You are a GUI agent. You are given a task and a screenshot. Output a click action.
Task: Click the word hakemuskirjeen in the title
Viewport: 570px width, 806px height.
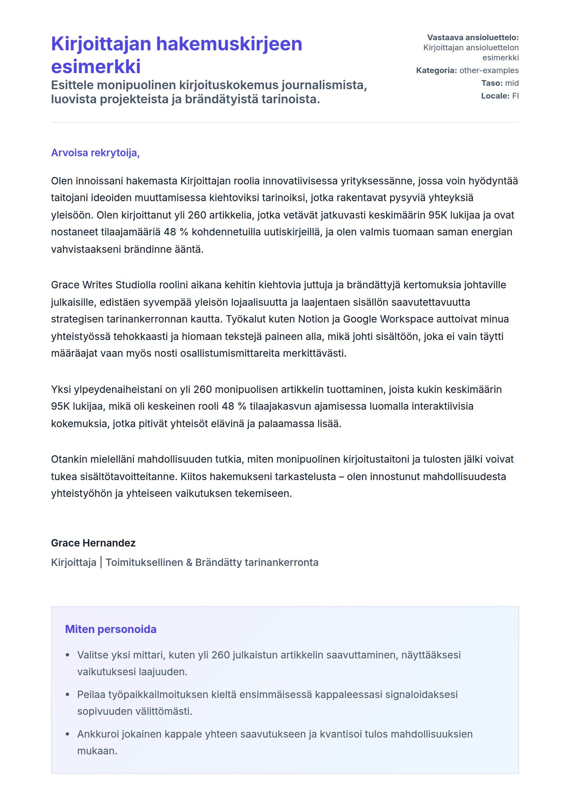[229, 44]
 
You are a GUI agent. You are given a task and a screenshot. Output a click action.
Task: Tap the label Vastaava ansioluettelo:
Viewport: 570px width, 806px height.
[473, 38]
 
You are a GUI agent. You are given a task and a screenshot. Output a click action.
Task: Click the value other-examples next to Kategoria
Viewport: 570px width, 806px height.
[489, 70]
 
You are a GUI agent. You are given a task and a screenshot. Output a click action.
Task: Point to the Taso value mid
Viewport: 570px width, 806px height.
[512, 83]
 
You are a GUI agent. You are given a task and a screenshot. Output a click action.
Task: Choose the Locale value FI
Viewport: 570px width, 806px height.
[515, 96]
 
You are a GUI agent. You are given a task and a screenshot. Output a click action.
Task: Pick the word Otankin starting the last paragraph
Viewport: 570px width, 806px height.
[69, 459]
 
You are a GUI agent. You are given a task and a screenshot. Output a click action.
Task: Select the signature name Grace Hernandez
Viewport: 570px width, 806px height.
[93, 543]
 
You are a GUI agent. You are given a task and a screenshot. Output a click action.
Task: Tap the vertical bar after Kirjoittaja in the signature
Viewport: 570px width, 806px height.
[101, 562]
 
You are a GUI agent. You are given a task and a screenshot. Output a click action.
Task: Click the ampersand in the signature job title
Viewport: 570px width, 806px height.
[189, 562]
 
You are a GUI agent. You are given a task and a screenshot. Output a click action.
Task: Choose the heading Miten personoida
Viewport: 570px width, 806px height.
[111, 629]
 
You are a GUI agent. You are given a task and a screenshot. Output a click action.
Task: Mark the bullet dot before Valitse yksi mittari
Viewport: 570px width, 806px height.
[68, 655]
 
